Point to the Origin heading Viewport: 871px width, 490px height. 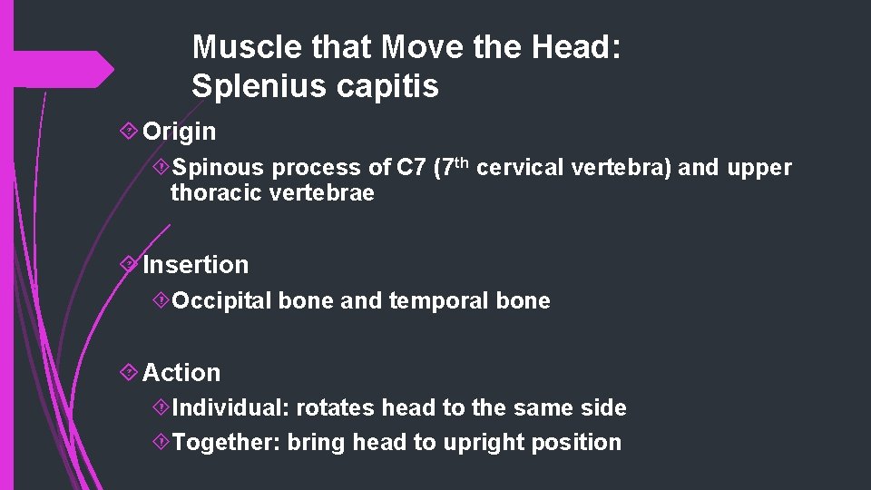[180, 132]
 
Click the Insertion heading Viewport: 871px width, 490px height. [195, 265]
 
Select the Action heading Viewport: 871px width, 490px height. [181, 373]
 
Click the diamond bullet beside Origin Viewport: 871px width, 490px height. [129, 132]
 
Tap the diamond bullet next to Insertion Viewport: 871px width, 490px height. [129, 265]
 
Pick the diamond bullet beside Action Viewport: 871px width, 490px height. [129, 373]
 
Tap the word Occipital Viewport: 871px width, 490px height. [222, 301]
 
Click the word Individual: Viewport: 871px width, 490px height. [230, 408]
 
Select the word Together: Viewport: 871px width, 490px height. [227, 443]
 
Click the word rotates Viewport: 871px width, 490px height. [336, 408]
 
